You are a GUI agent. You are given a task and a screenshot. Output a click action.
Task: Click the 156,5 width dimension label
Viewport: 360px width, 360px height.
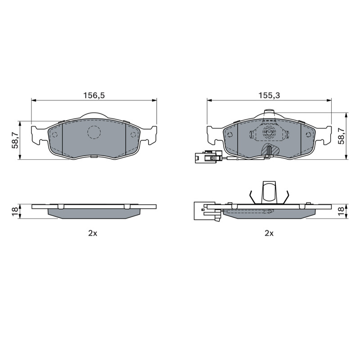(94, 95)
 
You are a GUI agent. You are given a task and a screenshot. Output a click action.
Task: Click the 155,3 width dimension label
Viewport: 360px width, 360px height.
(269, 95)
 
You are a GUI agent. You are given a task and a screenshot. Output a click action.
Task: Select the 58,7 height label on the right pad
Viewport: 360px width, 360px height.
(342, 136)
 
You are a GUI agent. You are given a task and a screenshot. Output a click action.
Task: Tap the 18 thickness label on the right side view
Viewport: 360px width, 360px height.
(342, 211)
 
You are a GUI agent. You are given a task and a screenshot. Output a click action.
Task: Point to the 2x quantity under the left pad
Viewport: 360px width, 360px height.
(93, 233)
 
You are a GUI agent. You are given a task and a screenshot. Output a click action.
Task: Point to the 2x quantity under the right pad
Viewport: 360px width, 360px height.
(269, 233)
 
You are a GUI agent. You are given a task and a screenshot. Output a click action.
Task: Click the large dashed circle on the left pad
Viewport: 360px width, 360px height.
(94, 132)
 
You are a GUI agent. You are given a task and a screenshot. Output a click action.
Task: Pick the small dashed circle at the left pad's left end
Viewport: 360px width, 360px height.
(55, 135)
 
